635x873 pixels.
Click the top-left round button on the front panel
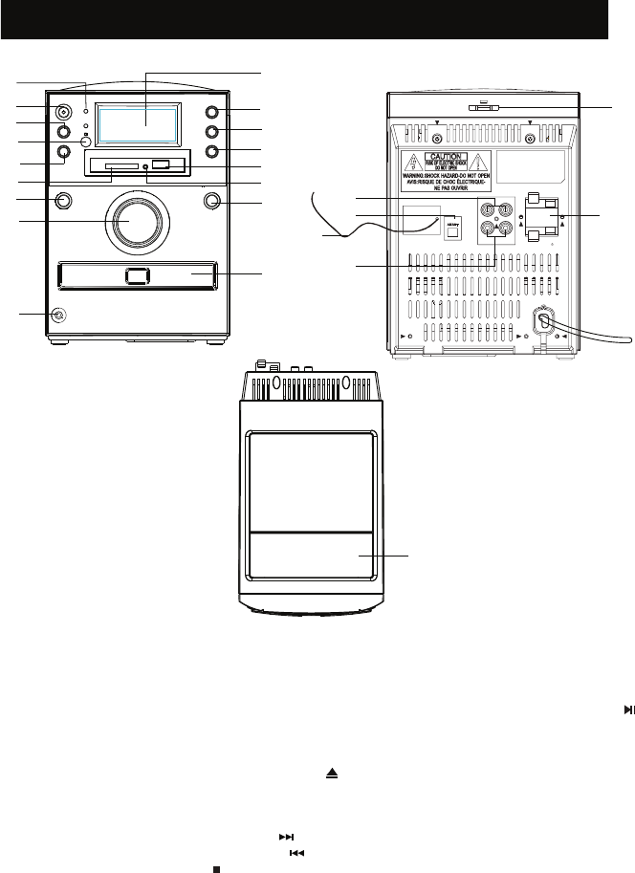[64, 111]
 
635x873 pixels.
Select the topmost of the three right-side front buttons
[212, 114]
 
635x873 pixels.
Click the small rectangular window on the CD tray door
[136, 276]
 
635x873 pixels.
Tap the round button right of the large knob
[211, 202]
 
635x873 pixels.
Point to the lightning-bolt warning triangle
[416, 162]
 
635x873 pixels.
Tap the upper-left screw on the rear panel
[439, 136]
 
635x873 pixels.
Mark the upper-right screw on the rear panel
[530, 136]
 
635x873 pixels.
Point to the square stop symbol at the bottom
[217, 841]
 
